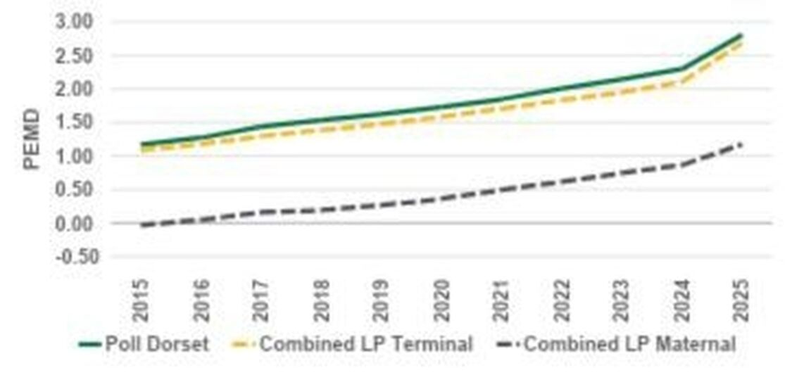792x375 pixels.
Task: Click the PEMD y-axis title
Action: click(x=32, y=139)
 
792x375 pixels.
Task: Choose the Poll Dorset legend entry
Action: click(x=144, y=344)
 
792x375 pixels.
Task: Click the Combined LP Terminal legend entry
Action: click(x=351, y=344)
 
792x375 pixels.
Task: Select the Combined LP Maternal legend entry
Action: click(x=617, y=344)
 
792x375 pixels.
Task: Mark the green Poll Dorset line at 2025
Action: click(x=740, y=34)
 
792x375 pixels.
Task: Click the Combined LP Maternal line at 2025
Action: click(x=740, y=144)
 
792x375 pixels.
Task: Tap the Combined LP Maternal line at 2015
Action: click(x=143, y=225)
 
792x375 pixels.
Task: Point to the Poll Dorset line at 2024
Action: click(x=680, y=69)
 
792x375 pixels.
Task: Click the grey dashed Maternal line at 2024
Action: click(x=680, y=165)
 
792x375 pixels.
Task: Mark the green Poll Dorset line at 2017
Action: click(x=262, y=127)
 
